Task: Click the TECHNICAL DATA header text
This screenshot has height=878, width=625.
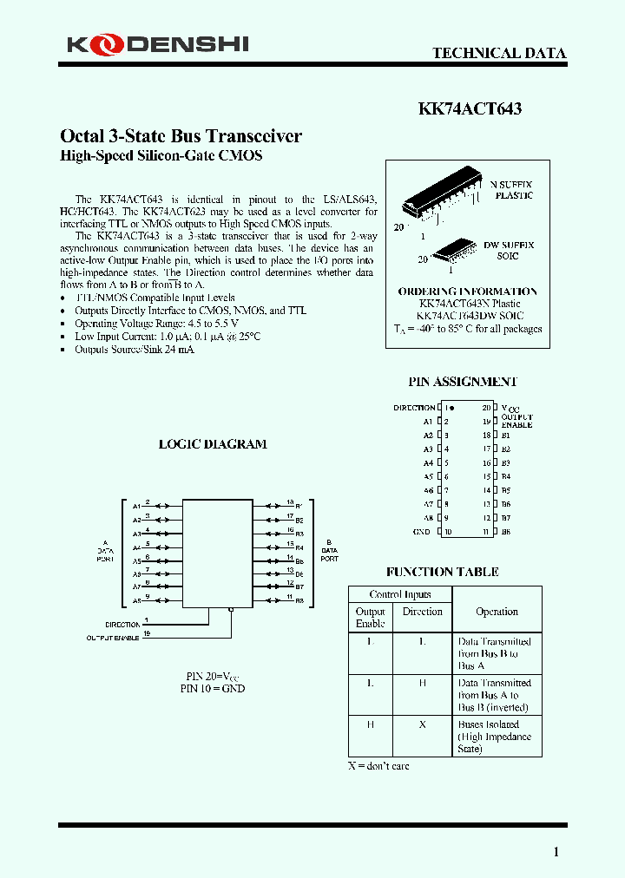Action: pos(499,53)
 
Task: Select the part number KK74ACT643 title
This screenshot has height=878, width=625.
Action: pos(470,109)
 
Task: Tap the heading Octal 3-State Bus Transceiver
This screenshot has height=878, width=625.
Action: pos(181,136)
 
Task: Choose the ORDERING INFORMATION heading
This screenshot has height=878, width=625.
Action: pos(467,292)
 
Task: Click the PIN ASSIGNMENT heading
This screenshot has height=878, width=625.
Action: pos(463,382)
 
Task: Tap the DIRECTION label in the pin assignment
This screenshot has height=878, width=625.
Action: pos(414,408)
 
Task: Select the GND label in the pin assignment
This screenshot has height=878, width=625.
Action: pos(421,532)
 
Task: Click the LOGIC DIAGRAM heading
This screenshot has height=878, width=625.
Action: pos(213,444)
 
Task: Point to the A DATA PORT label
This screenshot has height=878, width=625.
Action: pos(105,551)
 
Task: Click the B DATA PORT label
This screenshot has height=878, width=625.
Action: pos(329,550)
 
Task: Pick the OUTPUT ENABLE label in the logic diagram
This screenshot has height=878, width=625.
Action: pos(113,638)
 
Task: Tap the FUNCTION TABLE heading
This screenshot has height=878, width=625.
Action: pos(443,573)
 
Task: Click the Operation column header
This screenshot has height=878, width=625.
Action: pos(497,612)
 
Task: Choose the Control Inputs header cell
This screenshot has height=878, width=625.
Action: pos(400,594)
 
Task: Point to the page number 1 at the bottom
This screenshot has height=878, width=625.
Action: pos(556,852)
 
